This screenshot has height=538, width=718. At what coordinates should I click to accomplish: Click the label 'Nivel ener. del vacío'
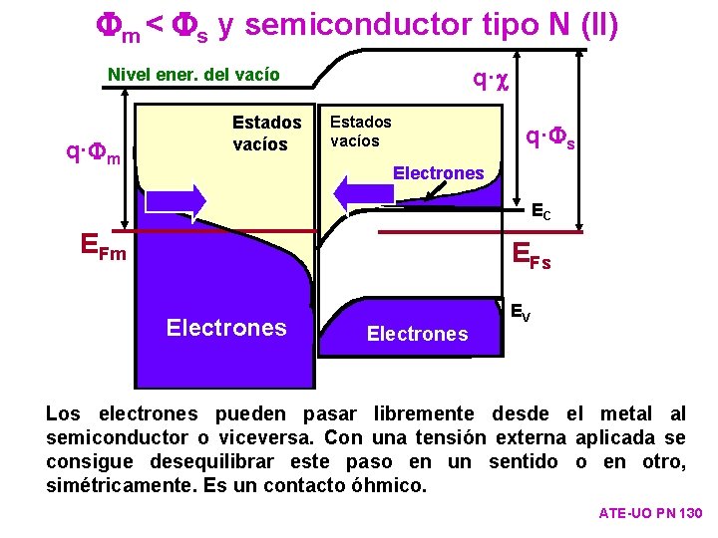pos(193,75)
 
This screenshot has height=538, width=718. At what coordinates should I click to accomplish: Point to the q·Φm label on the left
pos(93,154)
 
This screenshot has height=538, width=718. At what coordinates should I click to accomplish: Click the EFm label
pos(104,245)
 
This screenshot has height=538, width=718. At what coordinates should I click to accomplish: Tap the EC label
pos(540,211)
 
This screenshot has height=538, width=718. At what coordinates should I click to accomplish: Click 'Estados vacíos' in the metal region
pos(266,134)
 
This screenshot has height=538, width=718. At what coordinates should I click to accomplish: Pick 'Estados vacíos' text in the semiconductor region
pos(360,131)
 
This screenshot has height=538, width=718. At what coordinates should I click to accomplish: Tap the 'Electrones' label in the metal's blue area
pos(226,328)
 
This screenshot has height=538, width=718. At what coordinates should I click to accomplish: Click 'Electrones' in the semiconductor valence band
pos(417,334)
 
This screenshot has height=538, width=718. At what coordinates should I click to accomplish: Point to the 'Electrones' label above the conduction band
pos(438,173)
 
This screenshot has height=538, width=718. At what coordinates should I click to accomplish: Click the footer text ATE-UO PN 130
pos(650,513)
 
